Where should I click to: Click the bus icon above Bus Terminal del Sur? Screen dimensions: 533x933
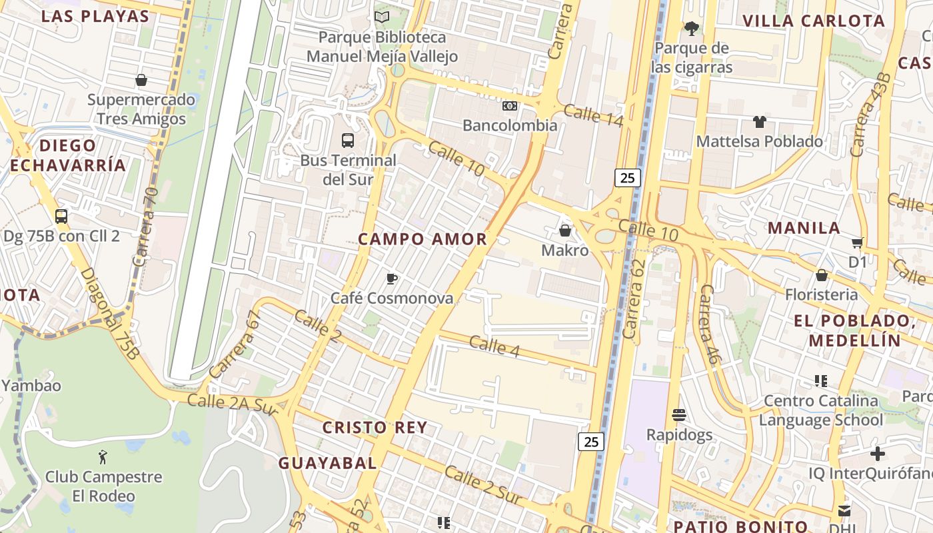[348, 140]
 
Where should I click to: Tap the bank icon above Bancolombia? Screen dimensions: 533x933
[509, 106]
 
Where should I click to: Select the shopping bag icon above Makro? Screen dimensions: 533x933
[565, 231]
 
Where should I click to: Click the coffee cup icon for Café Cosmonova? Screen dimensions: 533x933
[392, 278]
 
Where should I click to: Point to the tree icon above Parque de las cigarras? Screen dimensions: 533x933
[692, 28]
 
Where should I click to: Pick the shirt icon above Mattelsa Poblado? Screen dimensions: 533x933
[759, 122]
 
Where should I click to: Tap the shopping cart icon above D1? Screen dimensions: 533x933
[858, 243]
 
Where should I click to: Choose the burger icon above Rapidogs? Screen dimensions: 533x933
[679, 415]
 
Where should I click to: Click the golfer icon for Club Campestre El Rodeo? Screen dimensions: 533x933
[103, 457]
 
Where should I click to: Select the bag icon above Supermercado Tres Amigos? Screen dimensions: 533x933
[141, 80]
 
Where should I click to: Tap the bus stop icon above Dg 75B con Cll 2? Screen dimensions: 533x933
[61, 217]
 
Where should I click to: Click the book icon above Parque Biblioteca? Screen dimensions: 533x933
[382, 17]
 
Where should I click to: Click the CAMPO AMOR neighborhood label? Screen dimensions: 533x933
[423, 239]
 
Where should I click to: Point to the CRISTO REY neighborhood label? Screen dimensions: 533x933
[375, 428]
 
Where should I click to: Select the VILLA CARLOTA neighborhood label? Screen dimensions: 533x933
[814, 21]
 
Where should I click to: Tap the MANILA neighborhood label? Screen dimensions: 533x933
[804, 228]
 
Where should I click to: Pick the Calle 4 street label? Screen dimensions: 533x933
[494, 346]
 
